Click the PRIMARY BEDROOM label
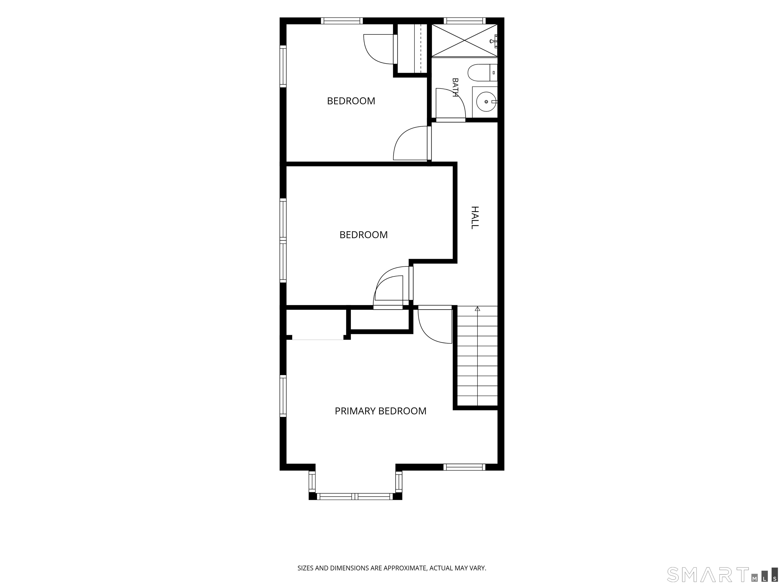[380, 411]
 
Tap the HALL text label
[475, 218]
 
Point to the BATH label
[456, 88]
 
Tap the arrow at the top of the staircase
[477, 309]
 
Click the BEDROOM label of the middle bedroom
[364, 235]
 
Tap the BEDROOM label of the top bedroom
[351, 101]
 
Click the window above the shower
[464, 21]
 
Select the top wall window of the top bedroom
[342, 21]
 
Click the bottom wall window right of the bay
[464, 467]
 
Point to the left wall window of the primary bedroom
[283, 396]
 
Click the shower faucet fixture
[494, 41]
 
